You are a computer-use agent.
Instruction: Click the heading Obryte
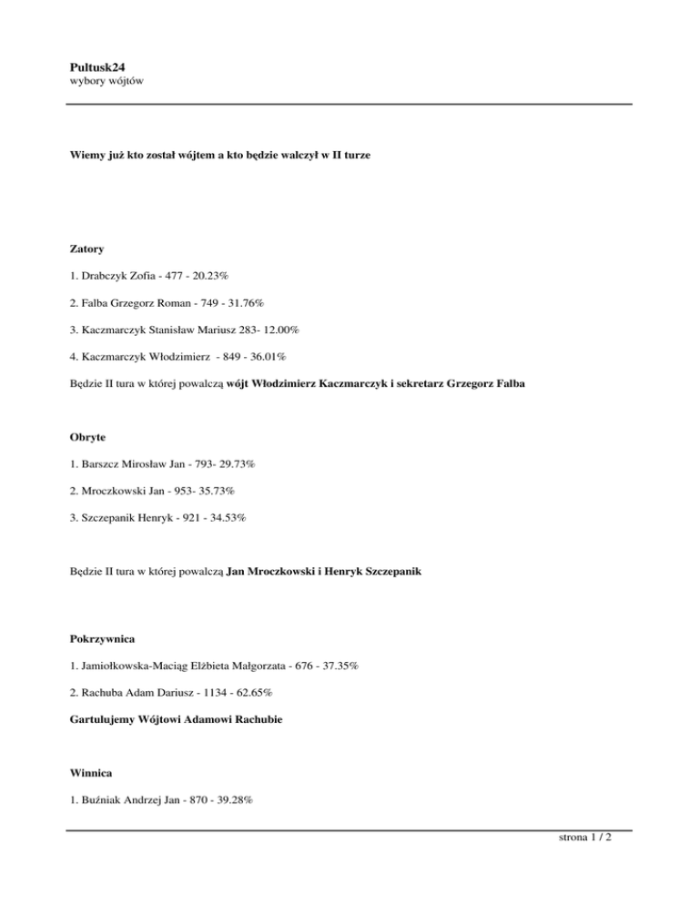pos(90,437)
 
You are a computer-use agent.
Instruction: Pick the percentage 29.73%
pos(234,463)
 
